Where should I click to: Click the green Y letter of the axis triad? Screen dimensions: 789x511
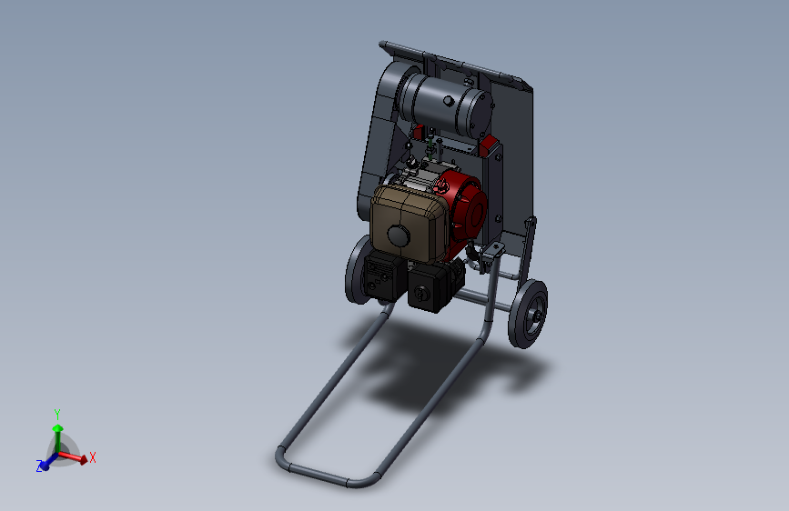click(x=56, y=415)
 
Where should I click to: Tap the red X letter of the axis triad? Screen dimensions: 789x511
click(x=93, y=457)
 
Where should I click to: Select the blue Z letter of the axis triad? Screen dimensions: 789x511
click(x=39, y=466)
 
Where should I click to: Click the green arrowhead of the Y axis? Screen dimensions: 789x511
click(x=58, y=428)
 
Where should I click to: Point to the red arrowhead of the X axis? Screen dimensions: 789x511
click(x=84, y=460)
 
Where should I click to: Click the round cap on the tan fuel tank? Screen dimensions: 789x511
click(x=399, y=235)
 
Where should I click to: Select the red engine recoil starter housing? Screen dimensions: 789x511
click(x=462, y=206)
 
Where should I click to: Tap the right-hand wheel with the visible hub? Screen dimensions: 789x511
click(x=528, y=314)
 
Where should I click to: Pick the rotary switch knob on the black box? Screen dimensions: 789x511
click(x=419, y=292)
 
